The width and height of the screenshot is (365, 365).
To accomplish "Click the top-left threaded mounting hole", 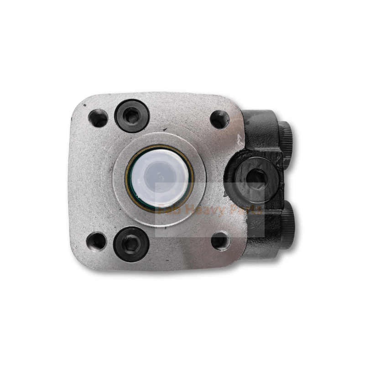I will (x=98, y=118).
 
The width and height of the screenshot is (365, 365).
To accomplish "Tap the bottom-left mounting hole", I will (x=97, y=240).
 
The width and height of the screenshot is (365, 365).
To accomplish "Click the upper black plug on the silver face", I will (x=132, y=116).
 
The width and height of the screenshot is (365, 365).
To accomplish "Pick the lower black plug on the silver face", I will (x=131, y=244).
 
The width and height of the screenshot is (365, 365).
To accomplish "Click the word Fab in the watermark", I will (x=166, y=210).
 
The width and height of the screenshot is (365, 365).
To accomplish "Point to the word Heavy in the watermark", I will (x=201, y=210).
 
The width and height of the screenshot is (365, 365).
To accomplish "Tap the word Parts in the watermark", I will (x=244, y=210).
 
